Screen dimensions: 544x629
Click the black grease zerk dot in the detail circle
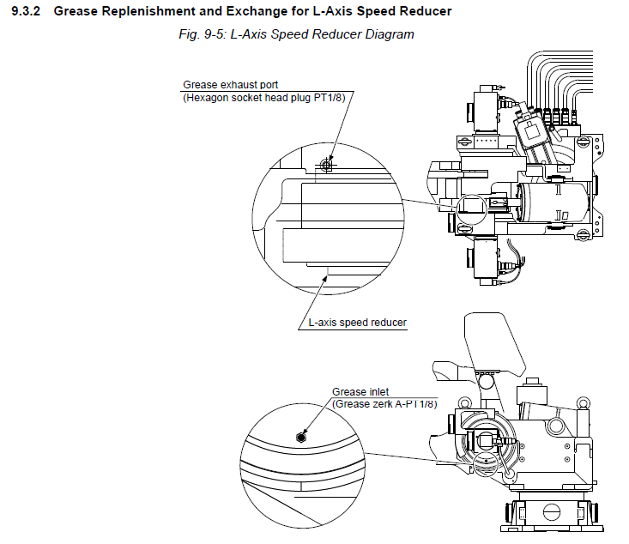[x=299, y=436]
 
